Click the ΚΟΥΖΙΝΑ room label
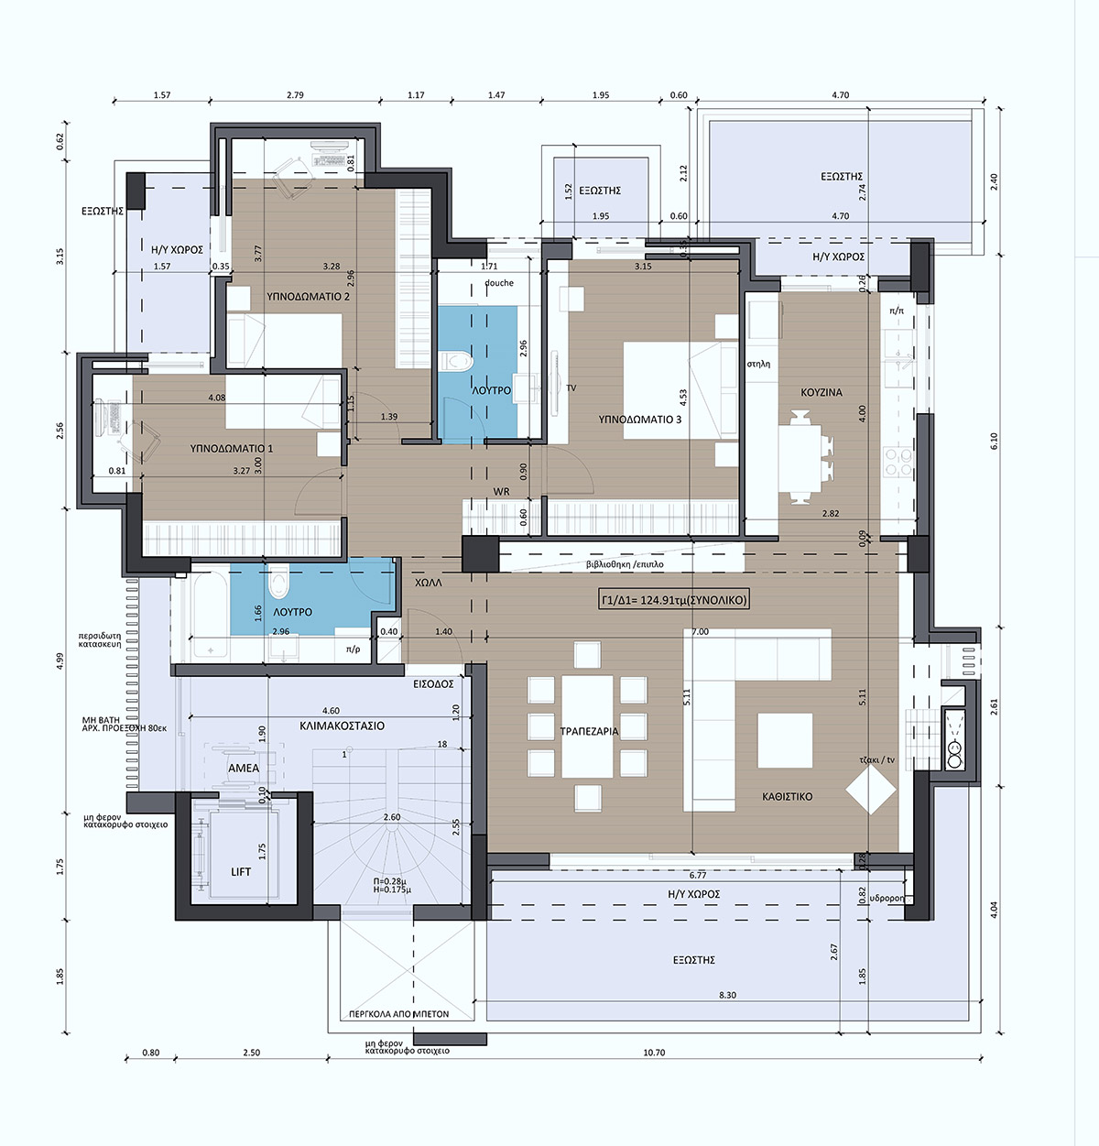click(822, 392)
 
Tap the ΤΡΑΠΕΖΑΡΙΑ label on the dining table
click(589, 731)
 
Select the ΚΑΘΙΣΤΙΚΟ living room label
click(787, 797)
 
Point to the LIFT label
click(241, 871)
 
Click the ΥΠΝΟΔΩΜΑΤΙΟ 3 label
click(640, 420)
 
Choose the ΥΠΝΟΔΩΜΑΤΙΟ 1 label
click(232, 449)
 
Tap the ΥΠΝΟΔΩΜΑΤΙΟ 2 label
click(308, 297)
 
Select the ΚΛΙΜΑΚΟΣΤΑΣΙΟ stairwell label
click(342, 726)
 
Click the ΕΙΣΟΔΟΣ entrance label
click(433, 684)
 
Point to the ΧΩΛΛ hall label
click(428, 583)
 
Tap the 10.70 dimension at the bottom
click(654, 1053)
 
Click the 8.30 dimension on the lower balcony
click(727, 995)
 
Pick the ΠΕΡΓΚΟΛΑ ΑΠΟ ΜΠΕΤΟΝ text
click(399, 1014)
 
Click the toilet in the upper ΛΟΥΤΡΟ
click(455, 361)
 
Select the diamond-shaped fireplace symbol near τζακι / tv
click(871, 789)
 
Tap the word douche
click(499, 283)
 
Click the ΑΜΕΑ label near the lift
click(244, 769)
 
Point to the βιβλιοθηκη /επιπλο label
click(625, 564)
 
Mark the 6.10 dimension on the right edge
click(995, 442)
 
